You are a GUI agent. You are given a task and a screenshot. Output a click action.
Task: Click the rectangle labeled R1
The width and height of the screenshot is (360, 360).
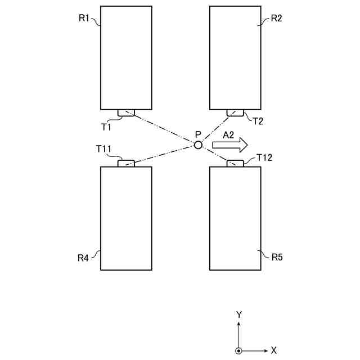(126, 57)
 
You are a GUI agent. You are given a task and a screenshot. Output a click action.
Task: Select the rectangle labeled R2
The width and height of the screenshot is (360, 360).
(235, 57)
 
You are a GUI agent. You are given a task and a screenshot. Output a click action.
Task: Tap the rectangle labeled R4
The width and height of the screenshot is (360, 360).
(126, 218)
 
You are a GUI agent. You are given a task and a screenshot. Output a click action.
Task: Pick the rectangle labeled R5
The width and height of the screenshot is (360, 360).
(235, 218)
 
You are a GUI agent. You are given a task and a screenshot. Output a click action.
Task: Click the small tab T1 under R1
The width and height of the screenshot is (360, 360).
(126, 112)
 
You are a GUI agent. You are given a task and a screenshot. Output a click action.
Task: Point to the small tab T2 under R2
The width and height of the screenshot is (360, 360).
(235, 112)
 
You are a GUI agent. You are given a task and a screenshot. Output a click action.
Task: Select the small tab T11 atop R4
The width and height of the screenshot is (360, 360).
(126, 163)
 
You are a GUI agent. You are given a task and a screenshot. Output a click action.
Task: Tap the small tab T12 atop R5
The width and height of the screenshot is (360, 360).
(235, 163)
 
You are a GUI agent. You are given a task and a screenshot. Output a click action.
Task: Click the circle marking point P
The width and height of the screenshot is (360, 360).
(197, 145)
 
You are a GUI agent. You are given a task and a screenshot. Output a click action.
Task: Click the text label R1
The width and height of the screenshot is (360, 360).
(84, 19)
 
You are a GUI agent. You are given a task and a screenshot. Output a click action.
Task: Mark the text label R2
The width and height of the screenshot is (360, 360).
(276, 19)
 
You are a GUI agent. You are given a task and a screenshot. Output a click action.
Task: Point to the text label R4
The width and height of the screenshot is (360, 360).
(83, 258)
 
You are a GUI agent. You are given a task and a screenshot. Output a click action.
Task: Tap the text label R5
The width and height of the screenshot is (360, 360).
(277, 258)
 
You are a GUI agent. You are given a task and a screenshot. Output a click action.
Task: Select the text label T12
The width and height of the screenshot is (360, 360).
(264, 157)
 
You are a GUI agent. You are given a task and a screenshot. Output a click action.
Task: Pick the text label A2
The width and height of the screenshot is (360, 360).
(228, 134)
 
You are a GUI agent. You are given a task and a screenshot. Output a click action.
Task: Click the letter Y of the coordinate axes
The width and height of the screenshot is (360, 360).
(239, 314)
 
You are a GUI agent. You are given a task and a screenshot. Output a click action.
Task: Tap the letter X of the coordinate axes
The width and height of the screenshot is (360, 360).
(274, 350)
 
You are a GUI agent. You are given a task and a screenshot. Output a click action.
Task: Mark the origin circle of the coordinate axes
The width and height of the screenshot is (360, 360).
(239, 350)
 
